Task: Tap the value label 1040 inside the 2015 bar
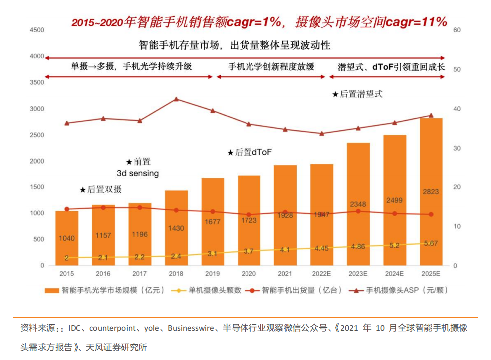pos(67,238)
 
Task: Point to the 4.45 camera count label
pos(322,248)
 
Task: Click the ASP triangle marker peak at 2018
pos(176,99)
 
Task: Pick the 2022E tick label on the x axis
pos(322,274)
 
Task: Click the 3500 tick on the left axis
pos(37,83)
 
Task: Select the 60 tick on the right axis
pos(456,30)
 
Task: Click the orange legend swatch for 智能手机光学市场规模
pos(51,290)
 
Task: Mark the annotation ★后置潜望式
pos(358,94)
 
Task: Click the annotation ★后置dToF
pos(249,152)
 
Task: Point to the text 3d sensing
pos(138,173)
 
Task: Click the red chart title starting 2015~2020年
pos(259,22)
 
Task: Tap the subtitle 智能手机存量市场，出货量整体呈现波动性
pos(235,45)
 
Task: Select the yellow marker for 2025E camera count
pos(431,243)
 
